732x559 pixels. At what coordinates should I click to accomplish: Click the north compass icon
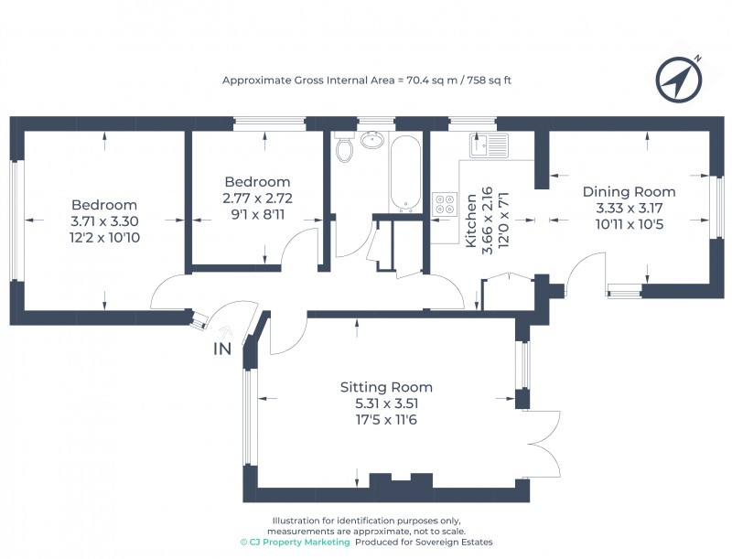coord(678,80)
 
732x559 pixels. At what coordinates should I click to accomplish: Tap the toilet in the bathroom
coord(345,147)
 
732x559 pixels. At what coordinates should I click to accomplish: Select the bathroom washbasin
coord(372,141)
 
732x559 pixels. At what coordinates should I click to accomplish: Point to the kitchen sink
coord(490,145)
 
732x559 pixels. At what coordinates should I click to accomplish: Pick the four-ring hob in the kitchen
coord(445,203)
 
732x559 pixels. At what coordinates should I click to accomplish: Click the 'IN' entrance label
coord(222,349)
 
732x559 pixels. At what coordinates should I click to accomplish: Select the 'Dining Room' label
coord(630,192)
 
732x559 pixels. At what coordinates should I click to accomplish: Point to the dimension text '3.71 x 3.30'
coord(104,221)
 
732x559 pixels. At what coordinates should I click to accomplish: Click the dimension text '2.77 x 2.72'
coord(256,197)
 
